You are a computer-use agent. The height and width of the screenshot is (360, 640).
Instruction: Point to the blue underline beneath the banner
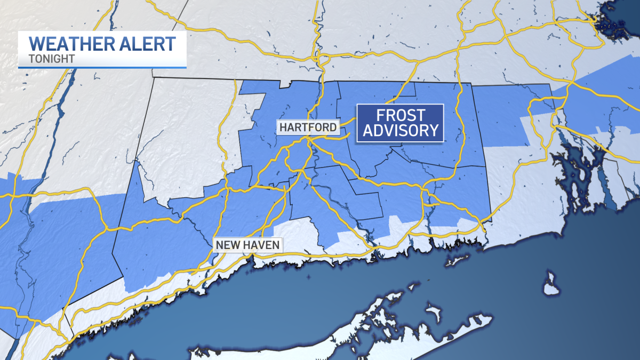102,67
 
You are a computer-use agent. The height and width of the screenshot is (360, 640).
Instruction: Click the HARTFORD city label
307,127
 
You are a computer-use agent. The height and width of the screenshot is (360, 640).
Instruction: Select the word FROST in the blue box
400,115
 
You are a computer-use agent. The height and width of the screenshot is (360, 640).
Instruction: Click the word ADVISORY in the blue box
400,131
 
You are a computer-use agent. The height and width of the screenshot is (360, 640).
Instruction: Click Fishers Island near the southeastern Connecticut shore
454,261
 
